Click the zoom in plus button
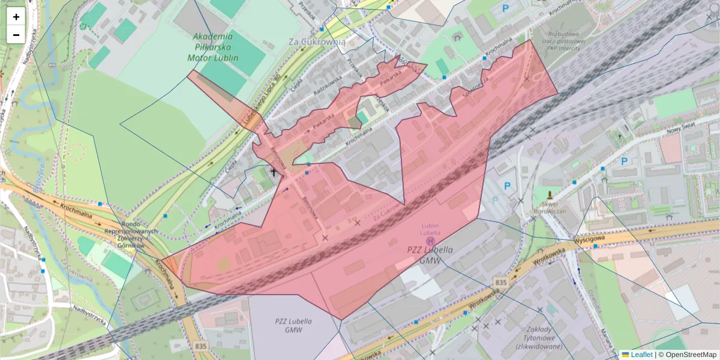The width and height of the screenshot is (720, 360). (x=16, y=17)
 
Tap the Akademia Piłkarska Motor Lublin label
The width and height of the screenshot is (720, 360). (x=213, y=47)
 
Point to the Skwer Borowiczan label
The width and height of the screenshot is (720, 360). (x=550, y=207)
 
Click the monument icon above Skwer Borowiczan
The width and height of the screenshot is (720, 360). (x=550, y=195)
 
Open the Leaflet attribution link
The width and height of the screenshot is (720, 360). (x=641, y=355)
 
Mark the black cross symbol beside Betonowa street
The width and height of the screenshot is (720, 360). (x=274, y=173)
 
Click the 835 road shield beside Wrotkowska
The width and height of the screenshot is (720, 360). (x=502, y=281)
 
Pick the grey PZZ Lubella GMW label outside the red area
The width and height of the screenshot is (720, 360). (x=293, y=325)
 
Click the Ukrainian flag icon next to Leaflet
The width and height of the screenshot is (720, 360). (x=625, y=355)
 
